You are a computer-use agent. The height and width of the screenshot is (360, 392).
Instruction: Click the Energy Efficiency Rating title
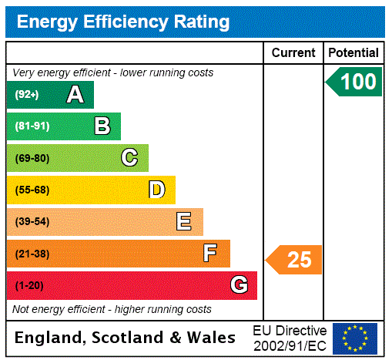pos(123,22)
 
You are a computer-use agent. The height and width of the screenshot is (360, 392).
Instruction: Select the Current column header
pos(293,53)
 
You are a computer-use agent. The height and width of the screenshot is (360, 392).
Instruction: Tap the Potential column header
pos(353,53)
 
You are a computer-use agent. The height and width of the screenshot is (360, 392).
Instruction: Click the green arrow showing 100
pos(355,82)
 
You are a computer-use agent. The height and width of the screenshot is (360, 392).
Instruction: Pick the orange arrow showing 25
pos(295,260)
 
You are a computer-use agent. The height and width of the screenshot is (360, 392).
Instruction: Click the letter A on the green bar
pos(75,95)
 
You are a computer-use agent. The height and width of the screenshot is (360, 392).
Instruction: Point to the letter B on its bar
pos(102,126)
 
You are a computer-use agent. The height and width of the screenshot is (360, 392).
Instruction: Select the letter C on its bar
pos(129,158)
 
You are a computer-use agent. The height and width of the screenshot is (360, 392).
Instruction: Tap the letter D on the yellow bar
pos(156,190)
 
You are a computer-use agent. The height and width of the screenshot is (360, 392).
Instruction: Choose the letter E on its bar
pos(184,222)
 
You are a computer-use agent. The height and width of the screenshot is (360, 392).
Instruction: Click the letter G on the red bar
pos(239,285)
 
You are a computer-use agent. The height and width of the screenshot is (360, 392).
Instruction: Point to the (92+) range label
pos(27,95)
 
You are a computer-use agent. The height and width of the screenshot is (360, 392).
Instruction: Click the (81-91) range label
pos(32,126)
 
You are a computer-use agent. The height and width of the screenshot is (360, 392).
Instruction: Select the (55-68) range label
pos(32,190)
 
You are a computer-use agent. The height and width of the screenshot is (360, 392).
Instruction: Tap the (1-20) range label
pos(29,285)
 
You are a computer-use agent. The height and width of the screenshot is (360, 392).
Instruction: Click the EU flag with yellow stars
pos(355,338)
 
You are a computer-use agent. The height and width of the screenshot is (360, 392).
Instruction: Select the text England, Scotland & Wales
pos(126,338)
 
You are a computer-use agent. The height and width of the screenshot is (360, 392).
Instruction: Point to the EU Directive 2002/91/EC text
pos(290,338)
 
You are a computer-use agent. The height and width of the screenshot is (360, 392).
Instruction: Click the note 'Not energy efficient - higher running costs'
pos(112,309)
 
